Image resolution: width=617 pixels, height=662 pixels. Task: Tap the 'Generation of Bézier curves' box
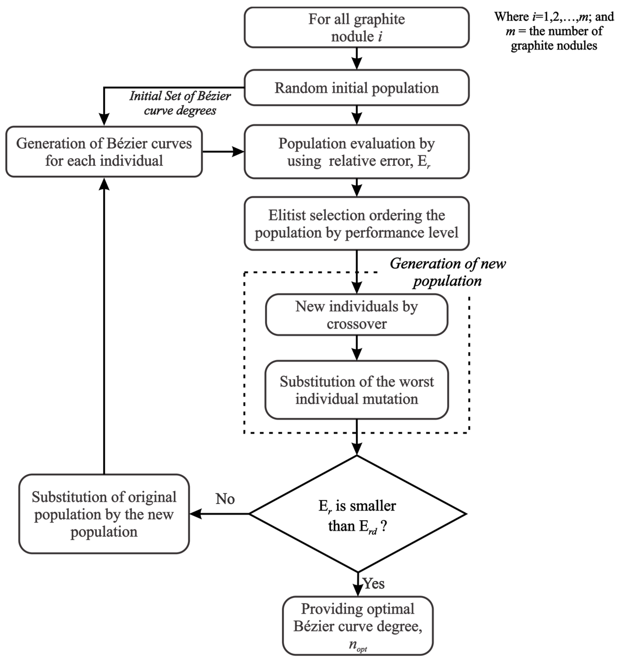click(104, 152)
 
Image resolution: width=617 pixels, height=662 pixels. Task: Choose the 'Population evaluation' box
click(356, 152)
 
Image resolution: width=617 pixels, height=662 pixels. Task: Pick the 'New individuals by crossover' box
click(356, 315)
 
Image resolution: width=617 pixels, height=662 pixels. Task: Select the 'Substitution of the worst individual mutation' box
click(356, 390)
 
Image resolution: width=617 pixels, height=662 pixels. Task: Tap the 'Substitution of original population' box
click(104, 514)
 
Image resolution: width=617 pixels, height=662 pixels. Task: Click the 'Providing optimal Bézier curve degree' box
click(358, 626)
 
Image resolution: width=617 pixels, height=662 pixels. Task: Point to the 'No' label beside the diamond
click(225, 499)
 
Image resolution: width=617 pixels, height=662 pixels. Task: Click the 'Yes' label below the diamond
click(374, 583)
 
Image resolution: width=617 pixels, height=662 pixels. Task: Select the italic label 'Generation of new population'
click(447, 272)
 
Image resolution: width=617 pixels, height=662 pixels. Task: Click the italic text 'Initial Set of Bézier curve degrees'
click(180, 103)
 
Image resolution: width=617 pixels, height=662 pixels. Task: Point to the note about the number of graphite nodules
click(554, 31)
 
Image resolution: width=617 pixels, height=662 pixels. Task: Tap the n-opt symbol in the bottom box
click(358, 645)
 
